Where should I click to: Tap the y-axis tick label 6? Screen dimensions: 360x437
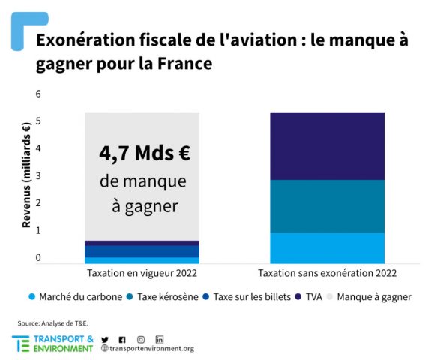38,94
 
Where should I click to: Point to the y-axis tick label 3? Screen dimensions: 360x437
38,175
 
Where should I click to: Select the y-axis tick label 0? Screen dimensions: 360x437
38,257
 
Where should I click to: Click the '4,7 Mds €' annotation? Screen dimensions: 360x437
144,153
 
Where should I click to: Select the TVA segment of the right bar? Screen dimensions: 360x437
327,145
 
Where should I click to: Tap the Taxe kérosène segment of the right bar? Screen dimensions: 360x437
327,206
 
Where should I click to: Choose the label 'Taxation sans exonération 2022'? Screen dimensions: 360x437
327,273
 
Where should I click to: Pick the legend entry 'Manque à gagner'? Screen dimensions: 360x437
373,297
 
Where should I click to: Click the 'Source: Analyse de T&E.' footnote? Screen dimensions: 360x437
52,322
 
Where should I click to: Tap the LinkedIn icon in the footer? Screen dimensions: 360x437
159,338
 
